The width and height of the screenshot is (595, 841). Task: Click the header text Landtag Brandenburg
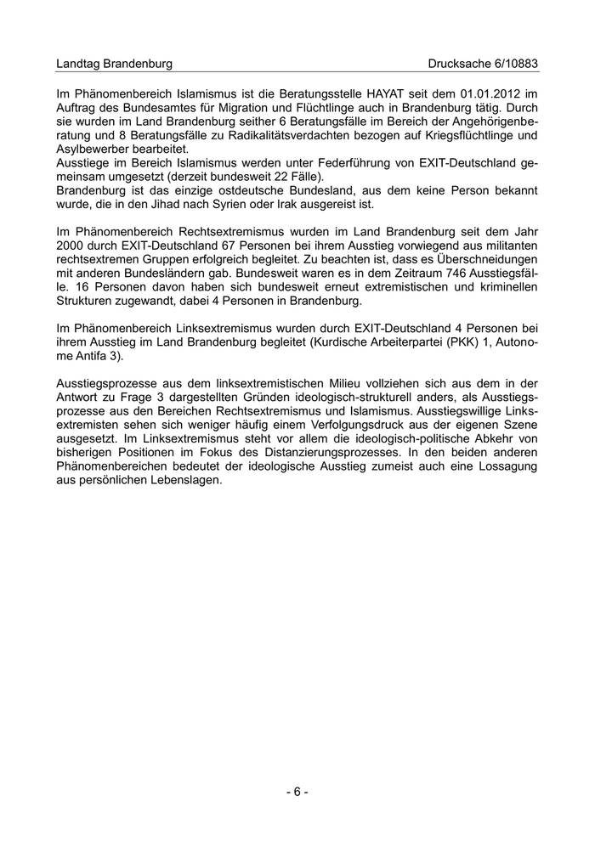click(114, 64)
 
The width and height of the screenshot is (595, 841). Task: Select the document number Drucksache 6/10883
click(484, 64)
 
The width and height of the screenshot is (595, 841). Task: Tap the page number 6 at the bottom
click(297, 792)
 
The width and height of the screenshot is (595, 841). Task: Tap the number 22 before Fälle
click(265, 177)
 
